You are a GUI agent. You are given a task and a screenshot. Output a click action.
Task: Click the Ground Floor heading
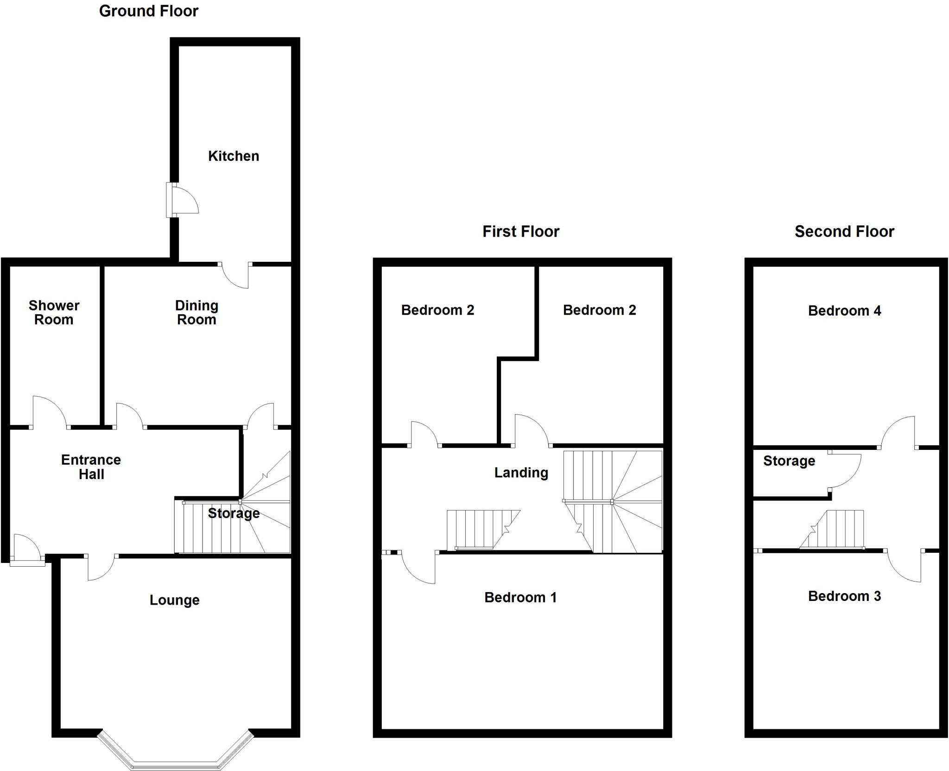[x=148, y=11]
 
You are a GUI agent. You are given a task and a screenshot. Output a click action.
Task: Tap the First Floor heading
[x=520, y=231]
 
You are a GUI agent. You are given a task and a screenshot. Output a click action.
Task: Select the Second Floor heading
[x=844, y=231]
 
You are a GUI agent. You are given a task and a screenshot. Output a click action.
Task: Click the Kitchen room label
[x=233, y=156]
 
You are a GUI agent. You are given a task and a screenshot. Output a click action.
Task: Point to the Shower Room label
[x=54, y=312]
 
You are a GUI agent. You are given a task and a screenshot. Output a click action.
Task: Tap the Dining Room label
[x=196, y=312]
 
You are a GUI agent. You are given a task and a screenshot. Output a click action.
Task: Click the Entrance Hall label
[x=91, y=467]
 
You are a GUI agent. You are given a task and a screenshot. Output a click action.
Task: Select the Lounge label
[x=174, y=600]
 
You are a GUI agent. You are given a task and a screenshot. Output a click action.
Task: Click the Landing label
[x=521, y=473]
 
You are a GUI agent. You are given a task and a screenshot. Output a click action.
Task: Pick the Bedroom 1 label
[x=520, y=597]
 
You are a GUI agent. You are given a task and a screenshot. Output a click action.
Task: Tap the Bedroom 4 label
[x=844, y=310]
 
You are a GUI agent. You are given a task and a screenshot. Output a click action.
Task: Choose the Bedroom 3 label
[x=844, y=596]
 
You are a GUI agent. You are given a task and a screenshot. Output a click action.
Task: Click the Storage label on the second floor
[x=789, y=461]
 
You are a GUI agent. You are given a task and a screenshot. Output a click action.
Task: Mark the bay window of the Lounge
[x=176, y=753]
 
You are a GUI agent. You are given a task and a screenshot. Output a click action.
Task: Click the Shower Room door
[x=50, y=412]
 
